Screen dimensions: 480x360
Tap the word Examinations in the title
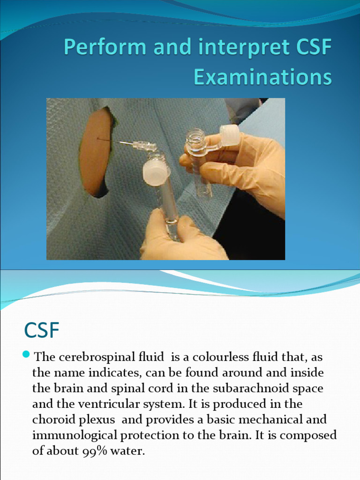point(262,77)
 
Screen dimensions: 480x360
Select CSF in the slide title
point(310,48)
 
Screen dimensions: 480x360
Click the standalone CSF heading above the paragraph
point(42,330)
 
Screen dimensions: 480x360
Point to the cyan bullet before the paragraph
point(26,353)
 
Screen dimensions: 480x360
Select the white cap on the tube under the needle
point(156,172)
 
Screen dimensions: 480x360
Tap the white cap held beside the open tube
point(229,135)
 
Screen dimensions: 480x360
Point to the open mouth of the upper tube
point(195,136)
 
